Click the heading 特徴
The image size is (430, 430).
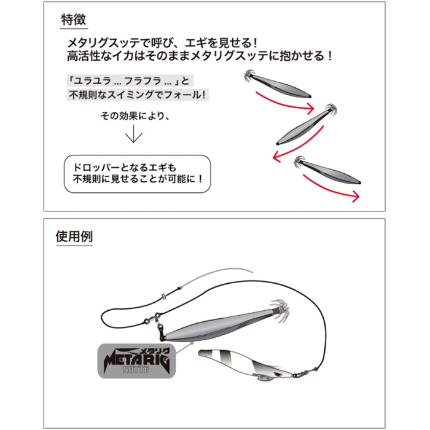point(74,20)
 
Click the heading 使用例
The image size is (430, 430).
point(74,237)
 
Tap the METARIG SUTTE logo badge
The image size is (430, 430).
point(136,361)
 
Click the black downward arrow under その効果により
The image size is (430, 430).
point(134,134)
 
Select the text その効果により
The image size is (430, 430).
point(135,116)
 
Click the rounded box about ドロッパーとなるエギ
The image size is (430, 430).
point(138,174)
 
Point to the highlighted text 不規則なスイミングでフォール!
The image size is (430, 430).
point(138,95)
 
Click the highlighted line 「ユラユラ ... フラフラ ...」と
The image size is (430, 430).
point(130,81)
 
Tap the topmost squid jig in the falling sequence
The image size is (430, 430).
point(277,85)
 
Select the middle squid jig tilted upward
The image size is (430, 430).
point(307,124)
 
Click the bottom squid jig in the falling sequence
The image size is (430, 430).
point(328,170)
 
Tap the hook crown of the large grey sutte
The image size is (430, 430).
point(279,308)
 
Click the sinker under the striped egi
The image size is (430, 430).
point(261,377)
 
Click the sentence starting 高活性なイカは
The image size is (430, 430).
point(200,57)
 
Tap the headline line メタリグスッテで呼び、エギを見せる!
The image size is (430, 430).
point(162,43)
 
